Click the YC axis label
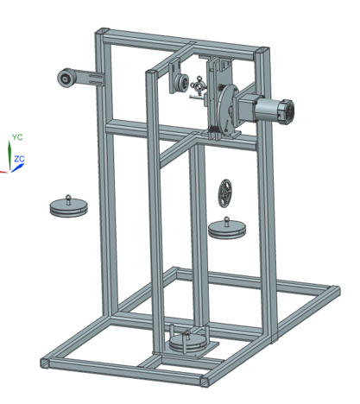pos(17,137)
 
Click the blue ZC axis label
pos(20,159)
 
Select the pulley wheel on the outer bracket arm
pos(66,78)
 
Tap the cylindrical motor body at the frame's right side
pos(274,111)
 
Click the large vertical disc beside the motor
pos(226,109)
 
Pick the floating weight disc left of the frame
pos(69,207)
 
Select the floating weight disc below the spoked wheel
pos(227,230)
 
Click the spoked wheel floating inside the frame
pos(225,193)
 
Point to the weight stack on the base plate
pos(188,344)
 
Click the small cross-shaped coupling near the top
pos(199,85)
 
